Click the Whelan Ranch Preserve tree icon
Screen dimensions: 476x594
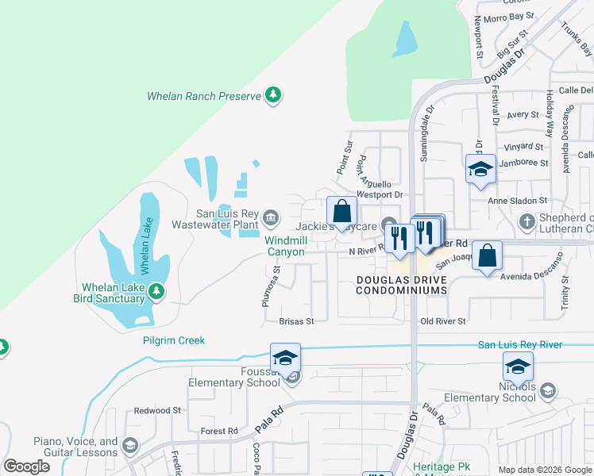pos(273,96)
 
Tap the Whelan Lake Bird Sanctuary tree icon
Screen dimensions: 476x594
pos(156,292)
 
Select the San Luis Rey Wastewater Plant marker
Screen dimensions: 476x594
pos(270,217)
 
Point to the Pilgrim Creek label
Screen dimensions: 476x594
pos(174,340)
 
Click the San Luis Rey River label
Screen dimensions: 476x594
pos(519,344)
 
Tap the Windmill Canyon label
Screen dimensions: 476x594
pos(284,246)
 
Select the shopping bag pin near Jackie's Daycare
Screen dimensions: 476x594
pos(342,212)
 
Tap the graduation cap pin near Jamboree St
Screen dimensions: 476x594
pos(480,170)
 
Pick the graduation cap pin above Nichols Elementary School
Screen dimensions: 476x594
pos(517,367)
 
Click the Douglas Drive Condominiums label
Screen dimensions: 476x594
pos(401,286)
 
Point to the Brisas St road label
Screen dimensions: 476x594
pos(297,321)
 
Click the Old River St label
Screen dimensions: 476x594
pos(442,321)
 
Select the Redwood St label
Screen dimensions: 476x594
pos(157,410)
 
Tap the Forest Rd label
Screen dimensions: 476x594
pos(219,432)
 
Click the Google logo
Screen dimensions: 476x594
pos(26,466)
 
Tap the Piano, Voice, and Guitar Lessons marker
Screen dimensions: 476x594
pos(129,447)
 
